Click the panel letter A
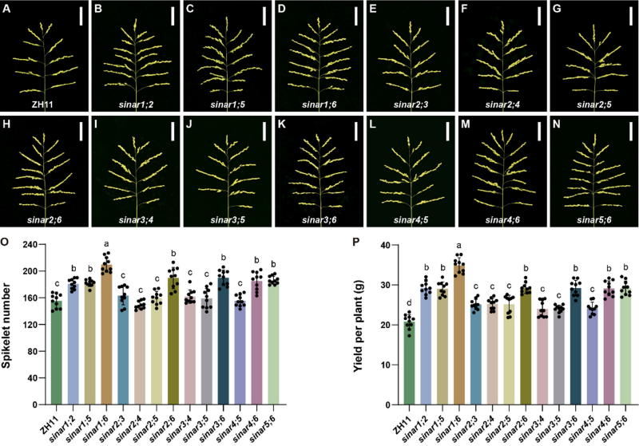[x=8, y=10]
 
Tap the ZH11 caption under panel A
[x=44, y=104]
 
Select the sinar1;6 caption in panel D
[x=318, y=104]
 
